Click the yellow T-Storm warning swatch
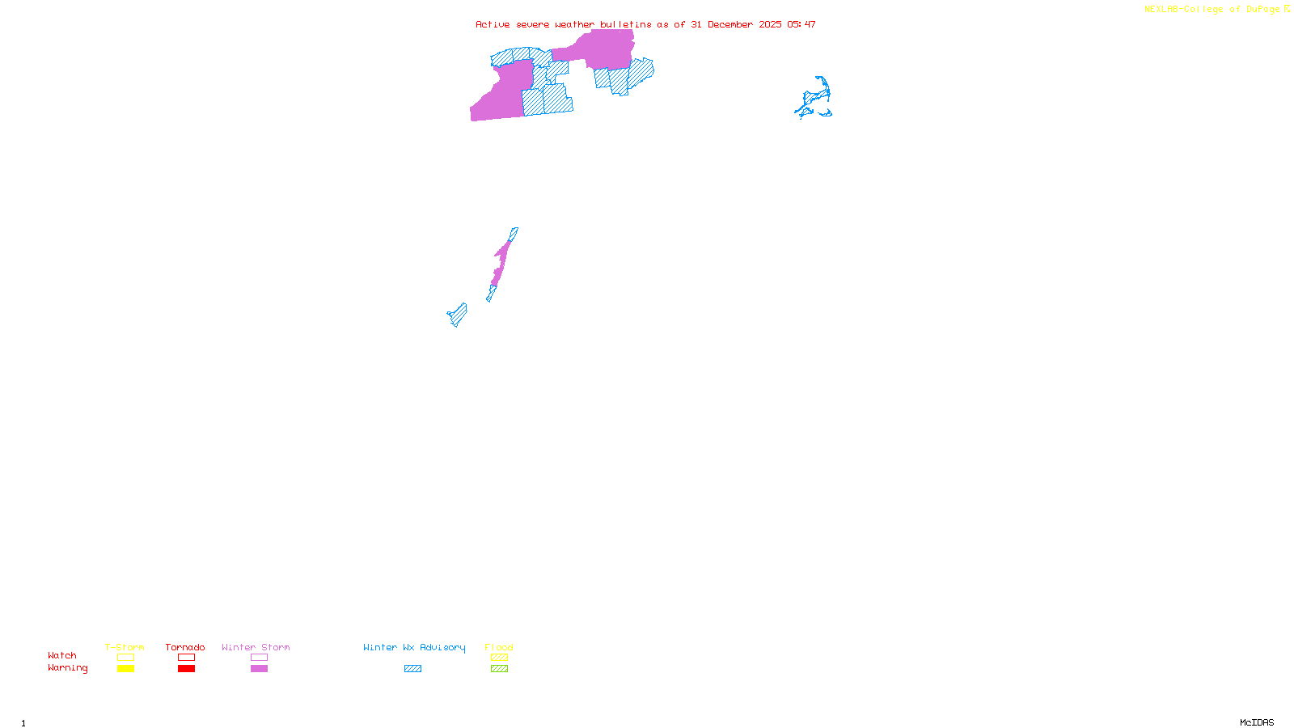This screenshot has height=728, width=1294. point(125,669)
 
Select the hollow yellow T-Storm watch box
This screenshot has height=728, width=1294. point(125,658)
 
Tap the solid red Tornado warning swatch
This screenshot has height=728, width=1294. point(186,669)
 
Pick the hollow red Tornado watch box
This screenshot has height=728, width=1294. point(186,658)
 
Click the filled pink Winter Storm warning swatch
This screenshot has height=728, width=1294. point(259,669)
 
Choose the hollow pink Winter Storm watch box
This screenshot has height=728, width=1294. point(259,658)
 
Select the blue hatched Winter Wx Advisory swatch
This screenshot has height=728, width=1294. point(412,669)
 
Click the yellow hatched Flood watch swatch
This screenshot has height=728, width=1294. point(499,658)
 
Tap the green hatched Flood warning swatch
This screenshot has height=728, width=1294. point(499,669)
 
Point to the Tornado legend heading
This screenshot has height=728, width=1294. point(185,647)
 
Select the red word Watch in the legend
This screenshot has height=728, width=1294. point(62,655)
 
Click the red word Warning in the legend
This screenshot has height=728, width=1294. point(67,668)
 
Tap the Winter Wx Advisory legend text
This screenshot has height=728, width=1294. point(414,647)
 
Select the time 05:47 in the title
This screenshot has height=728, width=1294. point(801,24)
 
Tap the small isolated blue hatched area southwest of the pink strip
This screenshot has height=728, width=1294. point(458,315)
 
